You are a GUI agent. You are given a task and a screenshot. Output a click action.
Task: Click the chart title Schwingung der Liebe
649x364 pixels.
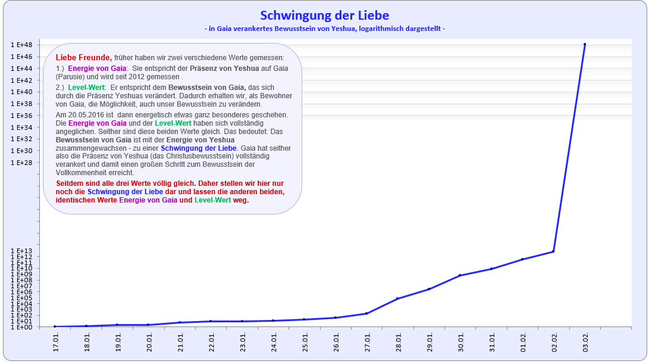[324, 15]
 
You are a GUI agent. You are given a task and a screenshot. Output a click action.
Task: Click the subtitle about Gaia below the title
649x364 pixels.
[324, 29]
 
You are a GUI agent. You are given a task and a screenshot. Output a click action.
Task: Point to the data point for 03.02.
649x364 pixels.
[585, 44]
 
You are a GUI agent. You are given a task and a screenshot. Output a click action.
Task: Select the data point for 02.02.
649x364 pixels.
[554, 251]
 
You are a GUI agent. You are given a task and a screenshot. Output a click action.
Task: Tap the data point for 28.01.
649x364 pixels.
[397, 298]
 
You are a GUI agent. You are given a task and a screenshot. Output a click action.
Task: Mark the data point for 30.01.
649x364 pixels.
[460, 275]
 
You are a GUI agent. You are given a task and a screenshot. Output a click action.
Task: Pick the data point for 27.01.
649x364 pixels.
[366, 313]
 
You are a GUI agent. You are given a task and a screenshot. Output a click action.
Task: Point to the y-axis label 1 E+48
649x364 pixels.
[21, 45]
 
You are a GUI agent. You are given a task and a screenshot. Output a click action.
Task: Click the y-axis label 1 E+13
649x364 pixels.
[21, 251]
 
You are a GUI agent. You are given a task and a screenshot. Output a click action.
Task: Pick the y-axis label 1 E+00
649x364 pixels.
[21, 327]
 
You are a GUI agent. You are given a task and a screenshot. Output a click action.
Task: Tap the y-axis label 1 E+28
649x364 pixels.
[21, 163]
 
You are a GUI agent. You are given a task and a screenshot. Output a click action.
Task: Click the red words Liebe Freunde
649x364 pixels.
[83, 58]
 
